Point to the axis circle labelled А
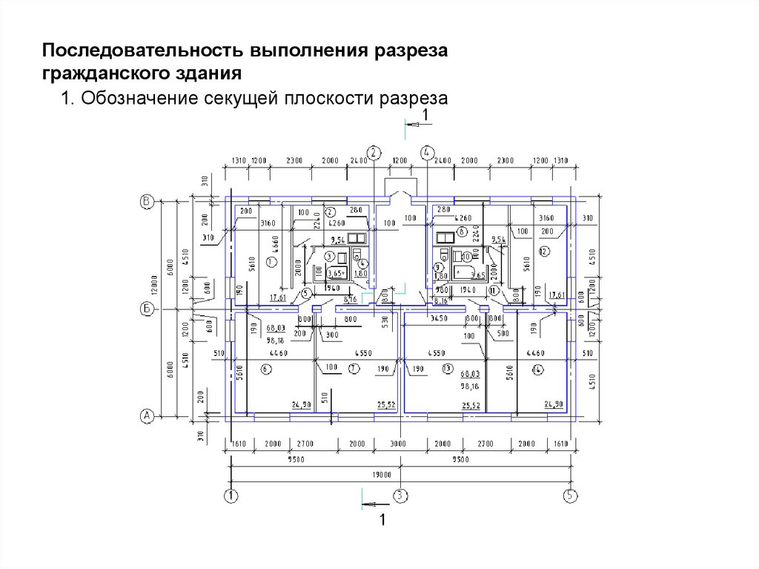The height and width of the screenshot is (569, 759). click(x=147, y=416)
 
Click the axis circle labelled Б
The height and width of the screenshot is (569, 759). click(x=147, y=309)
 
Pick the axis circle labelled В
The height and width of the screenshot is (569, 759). click(x=147, y=200)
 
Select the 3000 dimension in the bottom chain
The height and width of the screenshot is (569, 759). click(x=400, y=444)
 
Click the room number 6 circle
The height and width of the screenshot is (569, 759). click(x=265, y=369)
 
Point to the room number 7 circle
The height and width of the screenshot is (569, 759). click(x=354, y=369)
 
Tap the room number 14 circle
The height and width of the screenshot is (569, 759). click(x=536, y=369)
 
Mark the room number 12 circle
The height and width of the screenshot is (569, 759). click(x=543, y=251)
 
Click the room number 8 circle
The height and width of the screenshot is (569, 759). click(x=461, y=232)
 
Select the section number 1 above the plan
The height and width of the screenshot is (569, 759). click(x=425, y=114)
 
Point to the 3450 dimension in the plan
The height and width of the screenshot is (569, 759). click(x=440, y=318)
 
